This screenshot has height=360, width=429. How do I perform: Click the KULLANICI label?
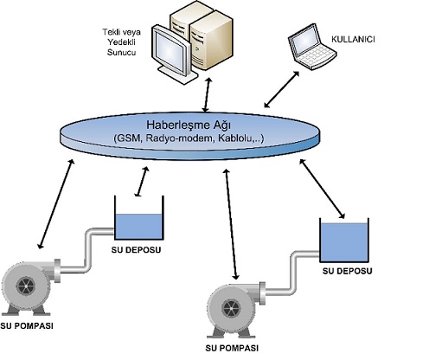(x=353, y=39)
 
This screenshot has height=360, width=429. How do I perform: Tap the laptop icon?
(x=312, y=48)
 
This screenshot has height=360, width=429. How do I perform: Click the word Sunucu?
(x=121, y=52)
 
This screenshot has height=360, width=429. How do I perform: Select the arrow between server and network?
(x=207, y=94)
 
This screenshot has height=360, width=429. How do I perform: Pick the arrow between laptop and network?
(x=282, y=89)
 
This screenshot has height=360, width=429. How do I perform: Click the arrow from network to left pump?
(x=56, y=203)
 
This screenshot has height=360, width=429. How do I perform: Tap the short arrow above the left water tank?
(x=142, y=182)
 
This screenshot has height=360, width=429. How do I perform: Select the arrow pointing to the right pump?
(x=232, y=224)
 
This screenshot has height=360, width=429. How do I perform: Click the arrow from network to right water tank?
(x=322, y=189)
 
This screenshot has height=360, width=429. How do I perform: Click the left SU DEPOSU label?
(x=136, y=250)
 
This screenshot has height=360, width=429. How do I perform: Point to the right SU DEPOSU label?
(x=347, y=271)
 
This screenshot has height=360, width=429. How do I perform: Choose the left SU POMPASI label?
(x=27, y=326)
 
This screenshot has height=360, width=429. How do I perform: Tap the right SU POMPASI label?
(x=232, y=348)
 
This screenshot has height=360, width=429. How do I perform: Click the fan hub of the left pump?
(x=25, y=286)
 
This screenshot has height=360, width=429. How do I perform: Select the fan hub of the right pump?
(x=231, y=309)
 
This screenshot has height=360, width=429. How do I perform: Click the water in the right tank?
(x=344, y=242)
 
